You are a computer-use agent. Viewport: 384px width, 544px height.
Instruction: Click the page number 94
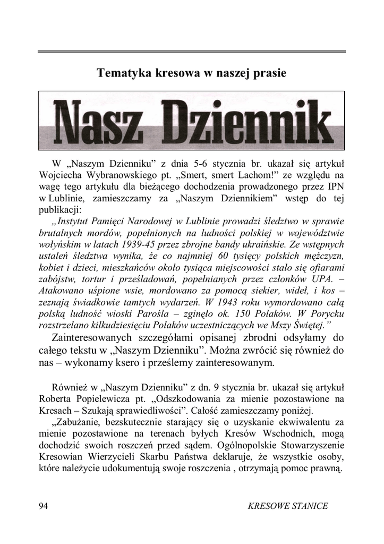tap(44, 506)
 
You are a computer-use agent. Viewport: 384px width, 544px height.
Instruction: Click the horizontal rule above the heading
tap(192, 52)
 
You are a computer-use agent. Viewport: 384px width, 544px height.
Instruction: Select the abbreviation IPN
tap(335, 186)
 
